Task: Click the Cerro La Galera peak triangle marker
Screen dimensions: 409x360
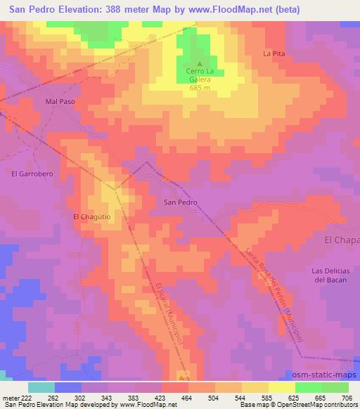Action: coord(199,63)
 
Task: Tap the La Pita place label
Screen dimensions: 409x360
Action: coord(274,53)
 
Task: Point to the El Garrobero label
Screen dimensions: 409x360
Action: coord(27,172)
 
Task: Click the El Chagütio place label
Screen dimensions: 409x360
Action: coord(93,217)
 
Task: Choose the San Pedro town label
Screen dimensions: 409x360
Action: coord(180,202)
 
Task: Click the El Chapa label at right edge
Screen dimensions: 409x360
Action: coord(342,240)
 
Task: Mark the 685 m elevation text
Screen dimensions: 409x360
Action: coord(200,88)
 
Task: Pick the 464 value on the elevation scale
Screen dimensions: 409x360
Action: coord(188,397)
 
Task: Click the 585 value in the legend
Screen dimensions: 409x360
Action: coord(269,397)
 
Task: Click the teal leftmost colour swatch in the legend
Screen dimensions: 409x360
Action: coord(41,387)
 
